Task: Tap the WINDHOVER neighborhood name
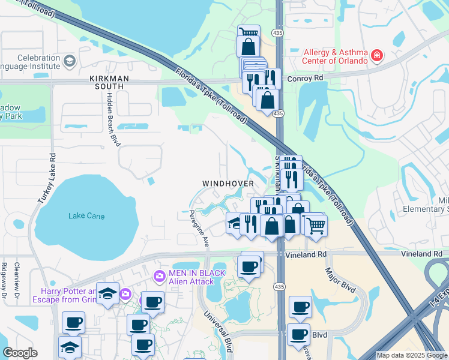228,183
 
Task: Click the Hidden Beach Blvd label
112,119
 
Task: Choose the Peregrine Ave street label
199,229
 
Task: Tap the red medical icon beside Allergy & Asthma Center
377,56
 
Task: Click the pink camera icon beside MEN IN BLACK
159,277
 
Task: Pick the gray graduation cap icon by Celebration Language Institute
70,61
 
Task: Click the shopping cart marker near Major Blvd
316,225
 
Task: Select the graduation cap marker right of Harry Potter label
108,293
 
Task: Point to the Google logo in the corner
20,353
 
